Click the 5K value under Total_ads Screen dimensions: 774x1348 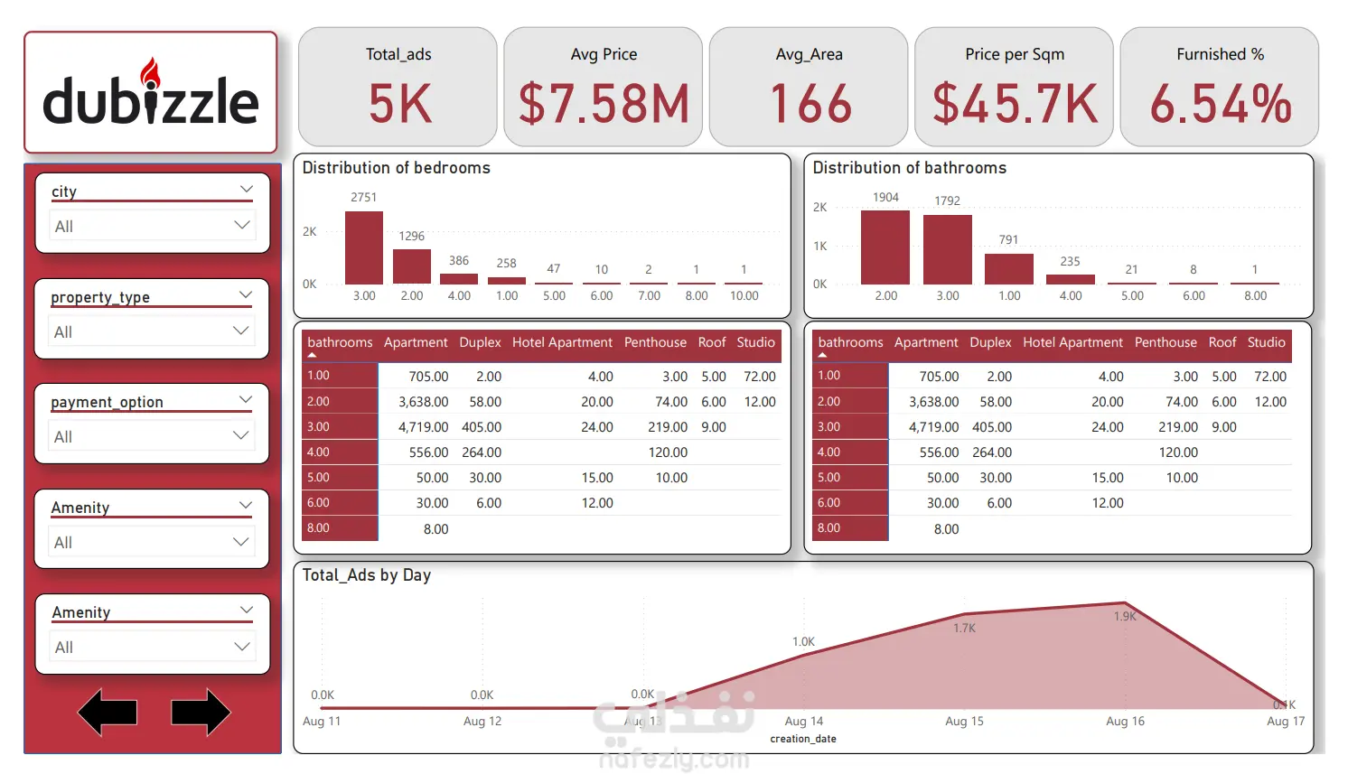point(399,104)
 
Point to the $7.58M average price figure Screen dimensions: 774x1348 point(604,104)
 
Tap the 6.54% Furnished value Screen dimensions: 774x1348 point(1220,104)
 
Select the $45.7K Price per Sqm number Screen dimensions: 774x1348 point(1015,104)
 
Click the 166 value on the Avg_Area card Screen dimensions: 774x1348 point(810,104)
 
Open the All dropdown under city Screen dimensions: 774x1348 point(152,226)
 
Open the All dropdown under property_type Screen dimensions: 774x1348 point(152,331)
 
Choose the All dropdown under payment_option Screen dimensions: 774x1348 point(152,436)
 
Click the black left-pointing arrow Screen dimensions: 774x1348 point(108,712)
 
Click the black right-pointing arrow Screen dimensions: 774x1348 point(201,712)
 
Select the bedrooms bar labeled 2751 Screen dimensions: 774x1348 point(364,248)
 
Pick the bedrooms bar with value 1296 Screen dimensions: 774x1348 point(412,266)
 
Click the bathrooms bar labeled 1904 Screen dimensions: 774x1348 point(885,247)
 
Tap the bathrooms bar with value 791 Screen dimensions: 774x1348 point(1009,269)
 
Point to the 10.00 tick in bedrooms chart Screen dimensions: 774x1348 point(744,296)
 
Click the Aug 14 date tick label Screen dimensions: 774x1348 point(804,722)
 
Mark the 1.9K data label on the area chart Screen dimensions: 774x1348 point(1125,617)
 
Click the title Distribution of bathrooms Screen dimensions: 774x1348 point(909,168)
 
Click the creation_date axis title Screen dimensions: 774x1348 point(803,739)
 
